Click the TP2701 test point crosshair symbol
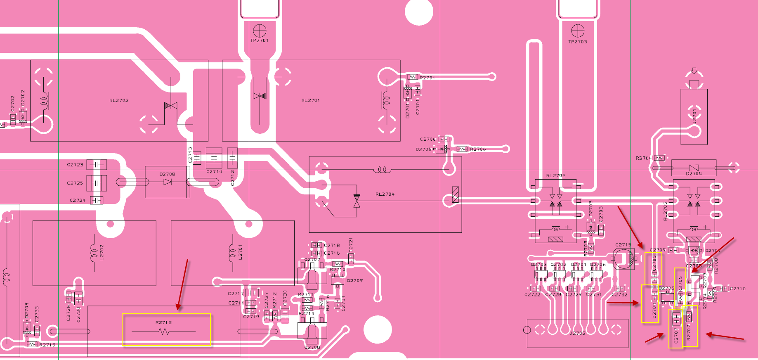260,30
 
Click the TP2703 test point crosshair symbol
578,31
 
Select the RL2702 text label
119,100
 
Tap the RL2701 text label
311,100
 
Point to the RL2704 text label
385,194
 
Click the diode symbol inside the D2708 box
168,182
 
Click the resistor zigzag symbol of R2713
164,332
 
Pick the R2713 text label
164,322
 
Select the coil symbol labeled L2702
93,252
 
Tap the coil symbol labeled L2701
231,252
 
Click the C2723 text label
75,165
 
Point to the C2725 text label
75,183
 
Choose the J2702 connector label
578,333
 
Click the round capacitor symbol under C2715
624,259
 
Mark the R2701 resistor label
427,78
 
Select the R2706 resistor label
478,149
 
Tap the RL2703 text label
556,175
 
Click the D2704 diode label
694,173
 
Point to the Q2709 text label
355,280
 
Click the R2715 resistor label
47,345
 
